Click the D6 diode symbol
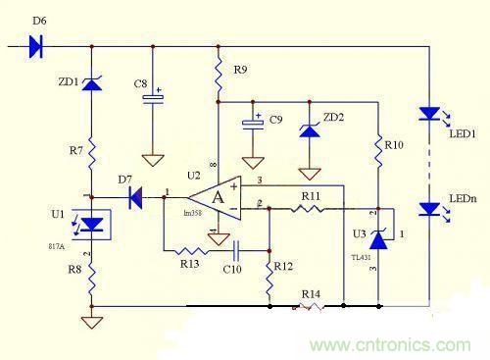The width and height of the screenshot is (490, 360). tap(37, 45)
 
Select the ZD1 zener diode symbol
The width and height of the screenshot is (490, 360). tap(91, 84)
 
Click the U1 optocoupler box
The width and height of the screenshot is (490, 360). tap(91, 225)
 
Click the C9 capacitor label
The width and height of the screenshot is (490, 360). tap(277, 119)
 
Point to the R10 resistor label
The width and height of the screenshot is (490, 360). tap(394, 145)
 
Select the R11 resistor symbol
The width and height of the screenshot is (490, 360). tap(310, 208)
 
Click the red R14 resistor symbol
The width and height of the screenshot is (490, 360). tap(311, 306)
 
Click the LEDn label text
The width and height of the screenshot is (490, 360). tap(463, 199)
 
